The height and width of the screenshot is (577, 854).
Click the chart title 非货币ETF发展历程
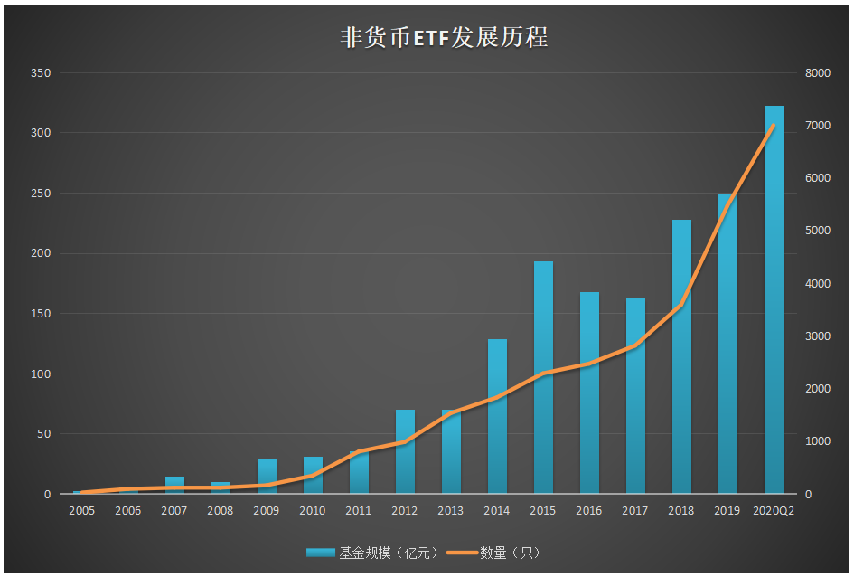click(x=444, y=38)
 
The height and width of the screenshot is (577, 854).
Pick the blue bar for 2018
click(x=681, y=357)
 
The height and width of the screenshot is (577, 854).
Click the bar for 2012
click(x=405, y=452)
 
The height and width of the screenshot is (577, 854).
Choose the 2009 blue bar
click(x=267, y=477)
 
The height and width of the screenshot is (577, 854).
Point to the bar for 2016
click(x=589, y=393)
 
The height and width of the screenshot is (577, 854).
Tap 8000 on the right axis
click(x=817, y=73)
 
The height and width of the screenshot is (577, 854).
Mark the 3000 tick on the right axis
click(x=817, y=336)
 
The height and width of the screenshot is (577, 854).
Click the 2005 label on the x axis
click(x=81, y=511)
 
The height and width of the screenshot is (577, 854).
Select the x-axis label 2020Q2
click(x=774, y=511)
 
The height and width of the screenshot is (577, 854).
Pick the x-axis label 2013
click(x=451, y=511)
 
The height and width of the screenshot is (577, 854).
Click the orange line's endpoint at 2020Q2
click(x=774, y=126)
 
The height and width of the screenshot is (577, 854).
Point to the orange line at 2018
click(x=681, y=305)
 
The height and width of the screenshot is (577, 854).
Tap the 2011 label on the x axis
click(x=359, y=511)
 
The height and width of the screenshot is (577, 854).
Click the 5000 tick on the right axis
click(x=817, y=231)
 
